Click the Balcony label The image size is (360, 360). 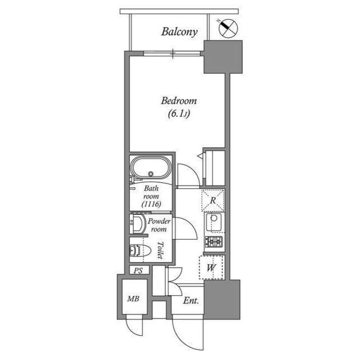(179, 31)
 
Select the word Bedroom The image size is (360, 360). (179, 101)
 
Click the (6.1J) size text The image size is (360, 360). (178, 114)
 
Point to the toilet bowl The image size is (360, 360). (138, 250)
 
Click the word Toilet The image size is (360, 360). (160, 249)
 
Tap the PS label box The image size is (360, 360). (138, 271)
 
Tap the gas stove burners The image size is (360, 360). (214, 242)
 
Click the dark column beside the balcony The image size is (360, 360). (222, 57)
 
